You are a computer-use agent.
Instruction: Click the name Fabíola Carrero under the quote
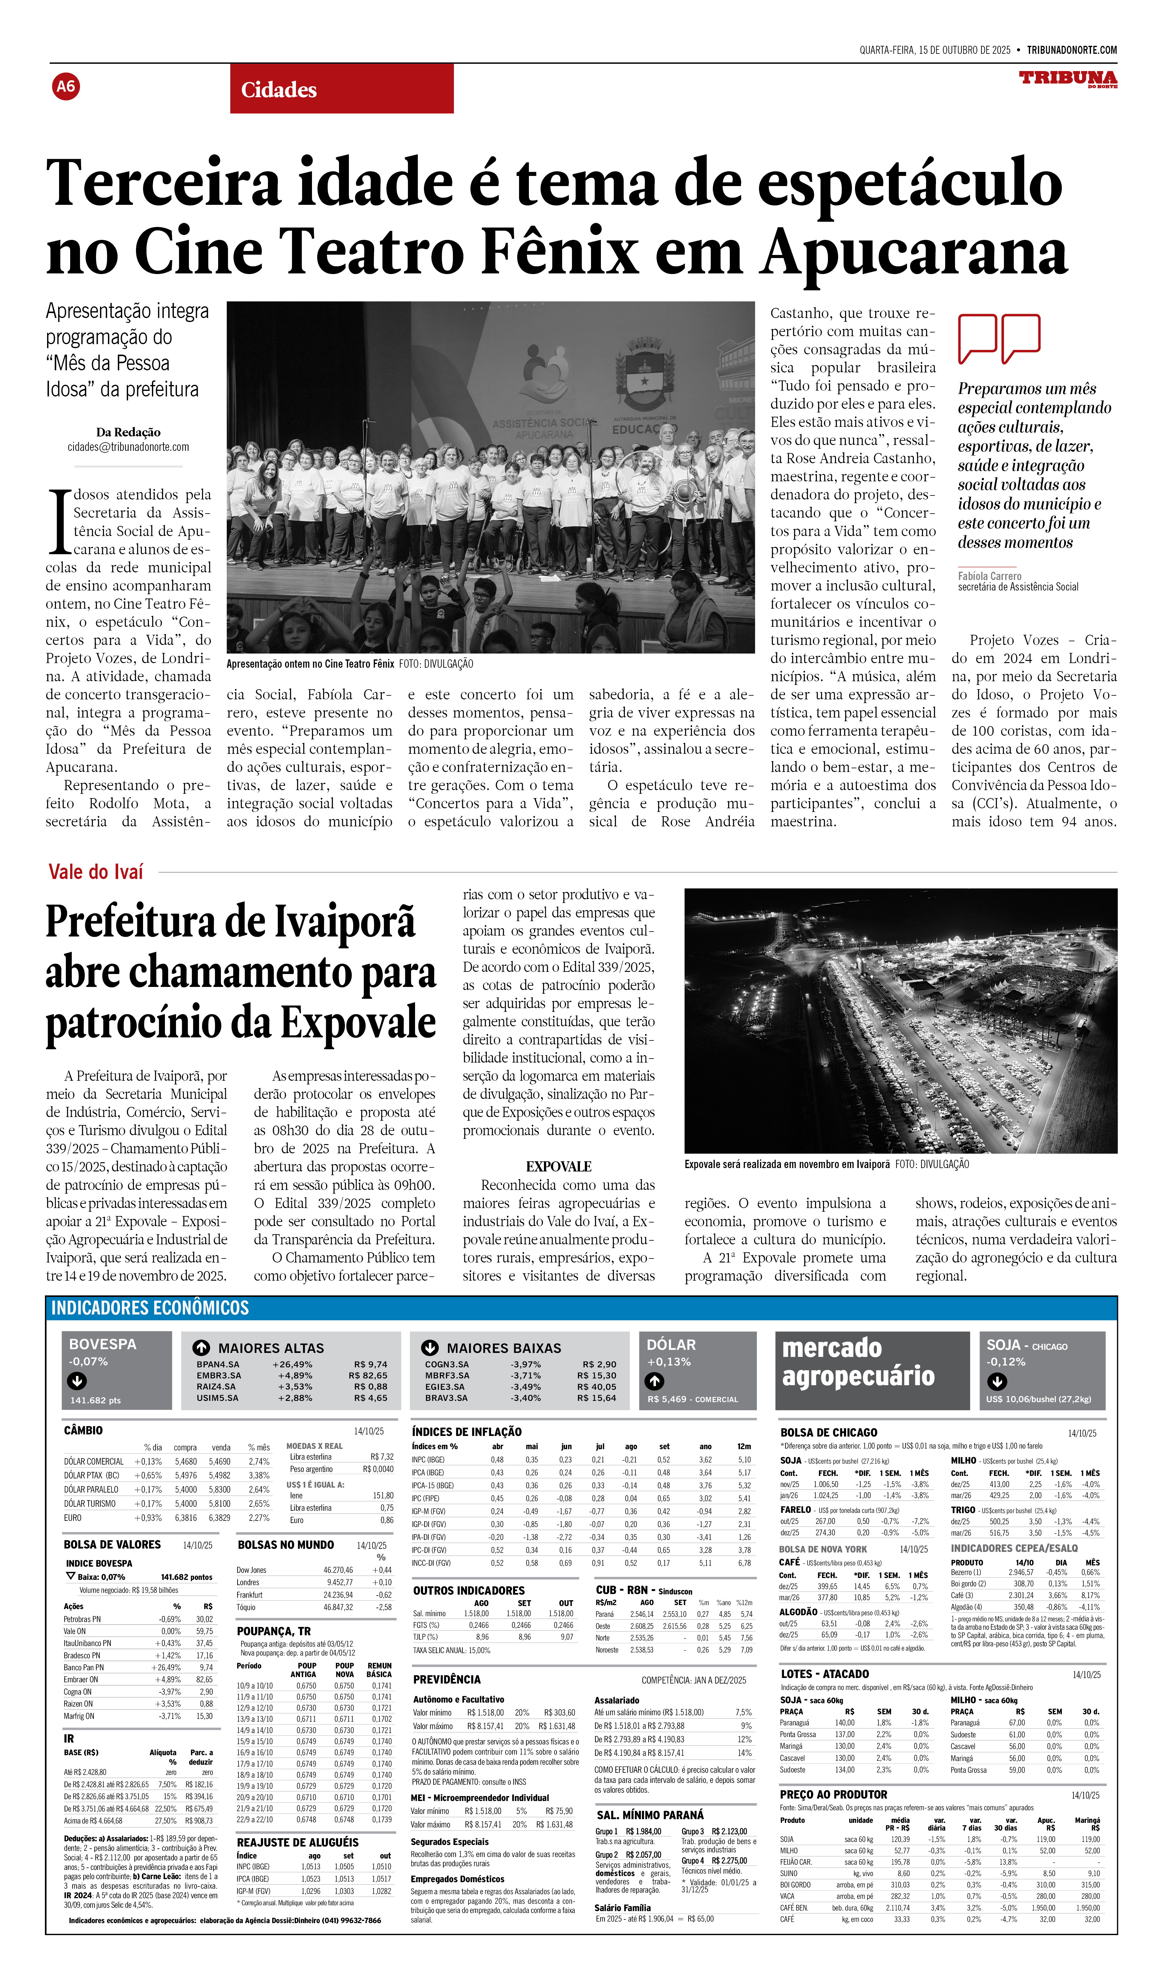tap(989, 576)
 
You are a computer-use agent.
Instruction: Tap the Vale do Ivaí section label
tap(96, 871)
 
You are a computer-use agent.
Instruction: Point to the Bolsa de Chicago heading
tap(828, 1432)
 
